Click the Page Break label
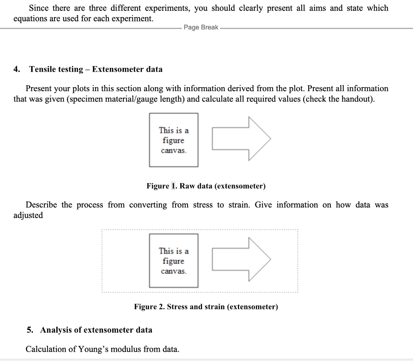(x=201, y=27)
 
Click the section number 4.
(x=16, y=69)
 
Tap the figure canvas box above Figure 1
(x=173, y=140)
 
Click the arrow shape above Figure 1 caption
(x=241, y=139)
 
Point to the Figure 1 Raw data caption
(x=206, y=186)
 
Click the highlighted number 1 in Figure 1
(x=173, y=186)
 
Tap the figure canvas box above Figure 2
(x=173, y=261)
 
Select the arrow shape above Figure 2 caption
(x=241, y=259)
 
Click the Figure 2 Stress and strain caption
(x=206, y=307)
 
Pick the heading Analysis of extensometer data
(x=96, y=330)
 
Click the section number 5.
(x=30, y=330)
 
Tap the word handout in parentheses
(x=356, y=99)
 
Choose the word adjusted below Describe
(x=28, y=215)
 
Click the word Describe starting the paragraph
(x=41, y=205)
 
